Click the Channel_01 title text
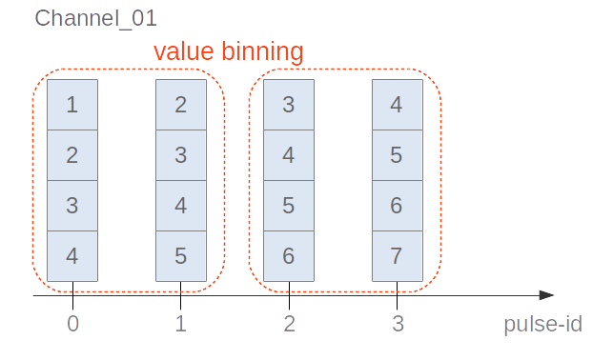[96, 18]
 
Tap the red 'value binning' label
[229, 51]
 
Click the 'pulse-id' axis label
[542, 324]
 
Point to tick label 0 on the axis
[72, 324]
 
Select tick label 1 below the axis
[181, 324]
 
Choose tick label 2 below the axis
[289, 324]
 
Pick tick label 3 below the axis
[398, 324]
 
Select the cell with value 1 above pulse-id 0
[72, 105]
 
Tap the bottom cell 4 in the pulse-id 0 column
[72, 256]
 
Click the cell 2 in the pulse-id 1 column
[181, 105]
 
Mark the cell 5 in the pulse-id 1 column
[181, 256]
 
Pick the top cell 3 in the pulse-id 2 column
[289, 105]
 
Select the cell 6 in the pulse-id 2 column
[289, 256]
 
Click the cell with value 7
[398, 256]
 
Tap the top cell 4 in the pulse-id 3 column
[398, 105]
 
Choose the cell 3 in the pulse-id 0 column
[72, 206]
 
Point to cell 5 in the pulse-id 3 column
[398, 155]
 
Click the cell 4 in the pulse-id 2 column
[289, 155]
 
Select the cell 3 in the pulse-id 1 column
[181, 155]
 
